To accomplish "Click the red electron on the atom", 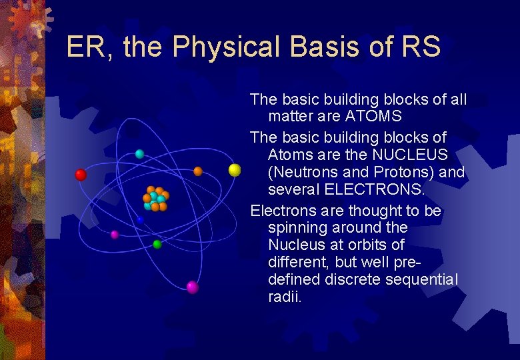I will pyautogui.click(x=81, y=175).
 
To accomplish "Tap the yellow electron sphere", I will pyautogui.click(x=235, y=170).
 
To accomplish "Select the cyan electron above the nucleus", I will pyautogui.click(x=139, y=154).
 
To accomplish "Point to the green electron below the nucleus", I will pyautogui.click(x=157, y=245).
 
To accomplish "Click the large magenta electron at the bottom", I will pyautogui.click(x=193, y=287).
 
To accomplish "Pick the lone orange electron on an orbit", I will pyautogui.click(x=198, y=171).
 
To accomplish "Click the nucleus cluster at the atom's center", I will pyautogui.click(x=155, y=198).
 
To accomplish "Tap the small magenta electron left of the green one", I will pyautogui.click(x=115, y=235).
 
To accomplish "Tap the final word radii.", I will pyautogui.click(x=285, y=298).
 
